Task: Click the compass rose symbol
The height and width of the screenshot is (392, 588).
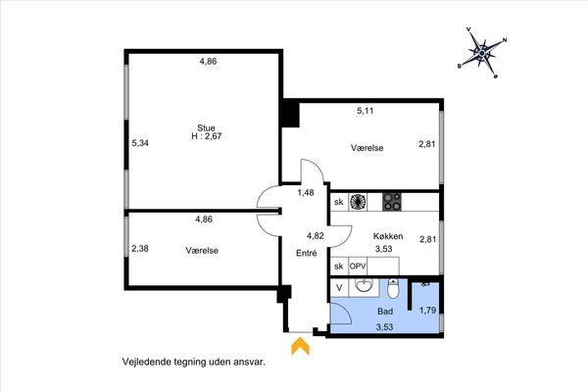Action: click(x=482, y=53)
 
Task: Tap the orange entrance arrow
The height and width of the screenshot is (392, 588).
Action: click(x=301, y=346)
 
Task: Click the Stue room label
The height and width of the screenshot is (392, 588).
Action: click(x=206, y=128)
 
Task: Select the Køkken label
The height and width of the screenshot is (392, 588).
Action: click(x=388, y=236)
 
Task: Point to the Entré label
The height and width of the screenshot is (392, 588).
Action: click(x=307, y=253)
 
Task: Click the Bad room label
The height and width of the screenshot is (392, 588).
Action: click(x=385, y=312)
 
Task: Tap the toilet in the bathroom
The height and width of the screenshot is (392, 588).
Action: click(x=393, y=288)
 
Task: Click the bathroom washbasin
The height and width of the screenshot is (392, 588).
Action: click(x=364, y=287)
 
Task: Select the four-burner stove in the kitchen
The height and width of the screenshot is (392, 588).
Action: click(x=392, y=202)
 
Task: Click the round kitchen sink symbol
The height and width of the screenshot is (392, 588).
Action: click(x=358, y=202)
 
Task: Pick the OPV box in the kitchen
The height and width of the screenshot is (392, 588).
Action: click(x=358, y=267)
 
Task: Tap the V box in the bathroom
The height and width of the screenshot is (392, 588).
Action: click(x=339, y=288)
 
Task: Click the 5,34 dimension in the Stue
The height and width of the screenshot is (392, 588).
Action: click(x=140, y=143)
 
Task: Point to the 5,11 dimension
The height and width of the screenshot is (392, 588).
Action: click(x=366, y=111)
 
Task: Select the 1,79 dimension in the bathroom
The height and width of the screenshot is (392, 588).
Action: click(x=427, y=311)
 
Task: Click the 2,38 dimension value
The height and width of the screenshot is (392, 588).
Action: click(x=140, y=248)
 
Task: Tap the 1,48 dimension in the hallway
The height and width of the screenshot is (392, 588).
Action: click(x=306, y=192)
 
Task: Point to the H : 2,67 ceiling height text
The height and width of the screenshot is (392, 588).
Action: click(x=207, y=136)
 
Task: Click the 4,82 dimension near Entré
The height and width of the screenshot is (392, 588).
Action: click(x=315, y=236)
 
